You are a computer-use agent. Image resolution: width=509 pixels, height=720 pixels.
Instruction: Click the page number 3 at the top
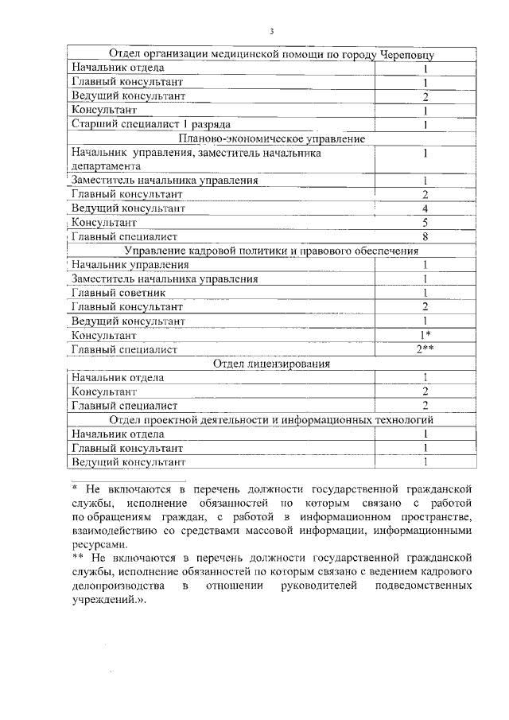[271, 32]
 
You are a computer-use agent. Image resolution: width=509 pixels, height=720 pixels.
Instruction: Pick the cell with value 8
[426, 236]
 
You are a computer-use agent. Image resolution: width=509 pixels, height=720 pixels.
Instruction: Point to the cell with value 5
[426, 223]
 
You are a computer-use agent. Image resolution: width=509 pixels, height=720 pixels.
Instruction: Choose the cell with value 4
[426, 208]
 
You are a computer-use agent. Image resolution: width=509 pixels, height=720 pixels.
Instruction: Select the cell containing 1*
[426, 335]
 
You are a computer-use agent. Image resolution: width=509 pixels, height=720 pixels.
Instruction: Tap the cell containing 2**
[426, 349]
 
